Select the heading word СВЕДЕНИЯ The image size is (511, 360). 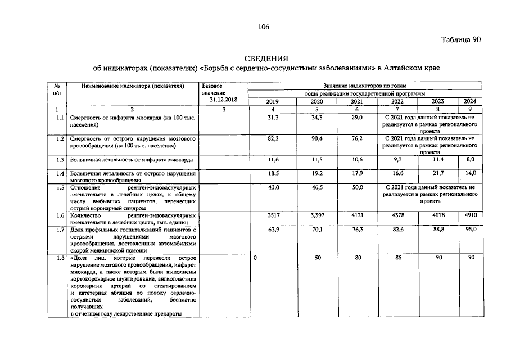click(x=266, y=58)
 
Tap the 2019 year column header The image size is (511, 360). click(x=272, y=101)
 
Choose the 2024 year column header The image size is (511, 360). click(x=471, y=101)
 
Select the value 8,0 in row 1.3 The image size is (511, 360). click(x=471, y=160)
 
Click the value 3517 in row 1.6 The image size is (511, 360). click(x=272, y=215)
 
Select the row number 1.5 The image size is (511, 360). click(x=60, y=187)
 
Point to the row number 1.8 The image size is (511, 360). click(x=60, y=257)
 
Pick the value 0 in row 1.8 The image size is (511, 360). click(x=256, y=257)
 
